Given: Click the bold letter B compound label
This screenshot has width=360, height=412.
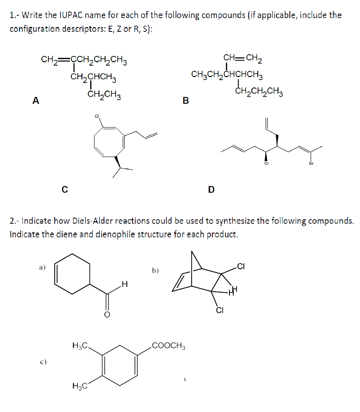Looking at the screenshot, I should click(185, 101).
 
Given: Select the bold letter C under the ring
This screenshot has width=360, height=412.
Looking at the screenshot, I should click(64, 188).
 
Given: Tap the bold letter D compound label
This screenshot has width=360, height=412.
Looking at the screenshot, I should click(211, 189).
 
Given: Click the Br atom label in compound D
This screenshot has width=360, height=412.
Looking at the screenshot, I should click(311, 163).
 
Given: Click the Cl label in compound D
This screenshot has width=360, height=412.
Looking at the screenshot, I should click(266, 163).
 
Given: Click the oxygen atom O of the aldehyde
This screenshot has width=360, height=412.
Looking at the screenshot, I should click(107, 314).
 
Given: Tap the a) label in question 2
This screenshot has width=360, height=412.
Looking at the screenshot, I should click(42, 266).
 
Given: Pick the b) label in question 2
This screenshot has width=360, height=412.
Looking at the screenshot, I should click(155, 271).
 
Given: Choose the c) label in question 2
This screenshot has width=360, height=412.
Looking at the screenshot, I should click(42, 362).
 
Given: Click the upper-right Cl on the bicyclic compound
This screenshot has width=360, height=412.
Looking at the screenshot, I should click(241, 266).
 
